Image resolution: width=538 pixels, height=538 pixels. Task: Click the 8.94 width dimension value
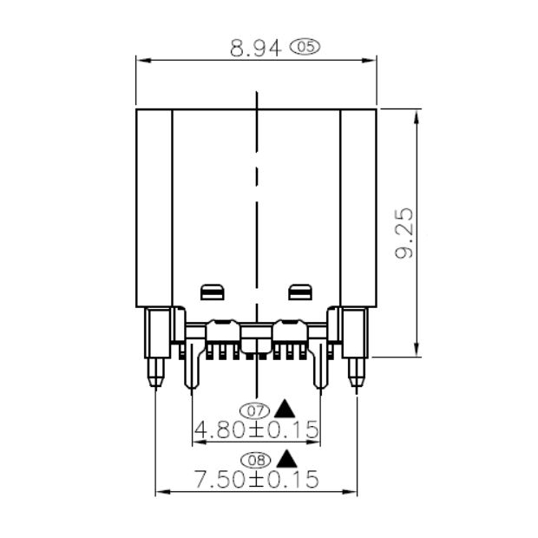tap(256, 49)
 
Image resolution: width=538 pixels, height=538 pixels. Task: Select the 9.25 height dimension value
tap(404, 233)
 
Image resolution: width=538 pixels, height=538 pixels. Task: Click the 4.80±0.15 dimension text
tap(256, 430)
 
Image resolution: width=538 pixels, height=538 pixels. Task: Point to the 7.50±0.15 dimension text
tap(256, 479)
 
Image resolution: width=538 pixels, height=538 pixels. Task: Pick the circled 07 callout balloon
tap(254, 410)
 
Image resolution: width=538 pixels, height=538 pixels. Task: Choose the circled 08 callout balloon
tap(254, 460)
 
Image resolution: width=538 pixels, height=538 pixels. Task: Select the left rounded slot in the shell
tap(213, 292)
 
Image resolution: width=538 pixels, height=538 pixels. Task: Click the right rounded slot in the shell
tap(299, 292)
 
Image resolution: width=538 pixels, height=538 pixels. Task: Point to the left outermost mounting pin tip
tap(155, 381)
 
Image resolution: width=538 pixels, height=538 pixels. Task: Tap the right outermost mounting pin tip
tap(356, 381)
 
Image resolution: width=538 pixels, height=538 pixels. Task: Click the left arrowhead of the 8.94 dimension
tap(141, 60)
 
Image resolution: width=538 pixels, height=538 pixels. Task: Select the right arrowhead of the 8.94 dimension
tap(371, 60)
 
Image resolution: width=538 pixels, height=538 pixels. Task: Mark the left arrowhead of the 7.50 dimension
tap(161, 493)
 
